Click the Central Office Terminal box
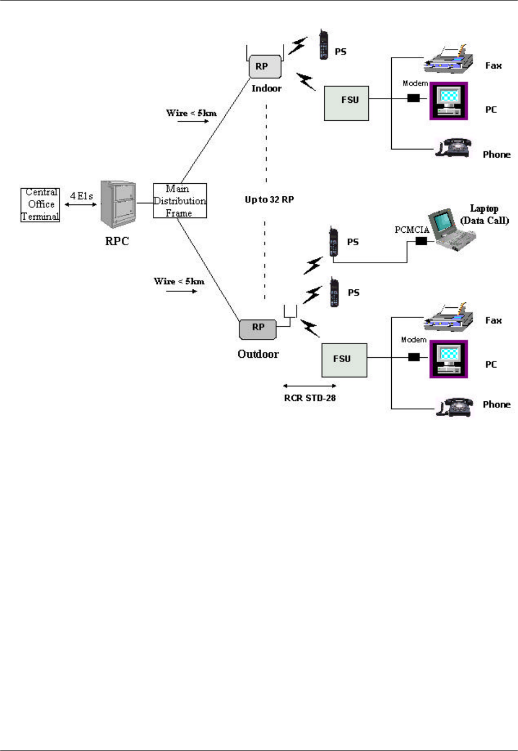(x=40, y=204)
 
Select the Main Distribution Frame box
(x=180, y=201)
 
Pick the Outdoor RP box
(x=257, y=328)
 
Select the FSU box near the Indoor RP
(x=346, y=103)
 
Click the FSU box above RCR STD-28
(x=344, y=360)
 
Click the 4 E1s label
(x=81, y=196)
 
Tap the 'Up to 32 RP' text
(x=269, y=200)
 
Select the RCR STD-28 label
(x=310, y=398)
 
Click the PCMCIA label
(x=411, y=230)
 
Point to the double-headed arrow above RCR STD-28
(x=310, y=386)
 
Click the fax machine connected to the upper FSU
(x=449, y=60)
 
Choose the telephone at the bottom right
(x=453, y=406)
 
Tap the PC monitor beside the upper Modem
(x=449, y=101)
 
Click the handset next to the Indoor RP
(x=324, y=45)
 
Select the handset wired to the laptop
(x=334, y=243)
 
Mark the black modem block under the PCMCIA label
(x=421, y=241)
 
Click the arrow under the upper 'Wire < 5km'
(x=193, y=121)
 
